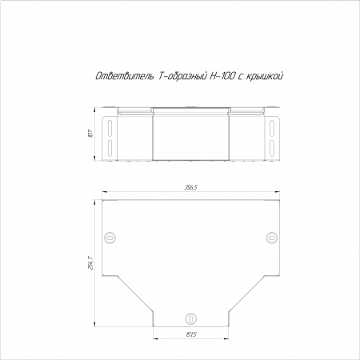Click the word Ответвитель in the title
pos(125,76)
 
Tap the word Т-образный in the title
pos(182,76)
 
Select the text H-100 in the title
pos(222,76)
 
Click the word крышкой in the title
pos(263,77)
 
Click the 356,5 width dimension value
pos(190,187)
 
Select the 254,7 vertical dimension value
pos(90,263)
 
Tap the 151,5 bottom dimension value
pos(191,334)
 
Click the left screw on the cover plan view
pos(110,237)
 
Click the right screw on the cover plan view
pos(272,237)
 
